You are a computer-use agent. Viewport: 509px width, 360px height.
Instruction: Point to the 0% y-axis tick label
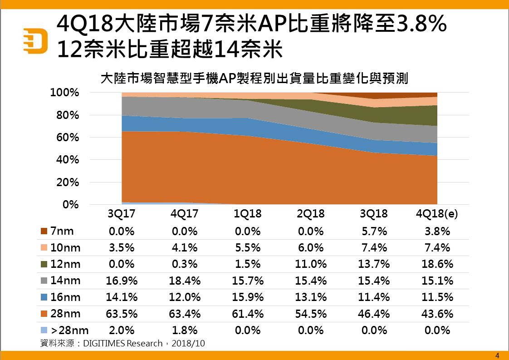click(70, 205)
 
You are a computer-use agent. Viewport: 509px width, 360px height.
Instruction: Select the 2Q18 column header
click(311, 214)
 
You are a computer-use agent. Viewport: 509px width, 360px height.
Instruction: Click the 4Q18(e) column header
click(436, 214)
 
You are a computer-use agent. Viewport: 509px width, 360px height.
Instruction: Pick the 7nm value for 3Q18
click(374, 232)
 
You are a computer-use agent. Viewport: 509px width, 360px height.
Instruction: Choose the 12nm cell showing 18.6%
click(437, 264)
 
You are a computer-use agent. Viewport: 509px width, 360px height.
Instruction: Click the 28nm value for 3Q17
click(122, 314)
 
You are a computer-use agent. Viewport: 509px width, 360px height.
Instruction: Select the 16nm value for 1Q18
click(248, 297)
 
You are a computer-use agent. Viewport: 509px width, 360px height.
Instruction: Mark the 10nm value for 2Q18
click(311, 248)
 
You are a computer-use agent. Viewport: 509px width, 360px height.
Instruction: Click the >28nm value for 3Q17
click(122, 330)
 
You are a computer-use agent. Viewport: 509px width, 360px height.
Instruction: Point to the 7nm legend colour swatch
click(44, 232)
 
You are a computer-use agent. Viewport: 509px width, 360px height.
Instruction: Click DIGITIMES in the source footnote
click(104, 343)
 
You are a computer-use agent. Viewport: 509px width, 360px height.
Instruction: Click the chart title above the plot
click(254, 79)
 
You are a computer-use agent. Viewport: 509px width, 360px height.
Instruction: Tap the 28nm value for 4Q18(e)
click(437, 314)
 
